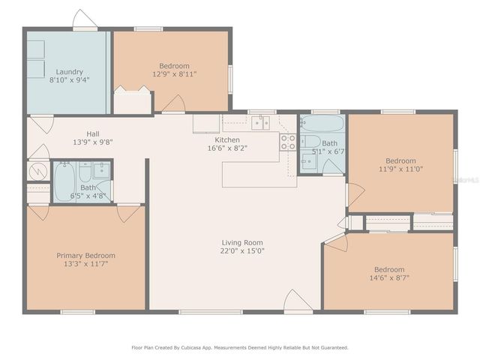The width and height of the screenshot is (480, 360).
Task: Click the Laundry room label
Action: click(x=69, y=72)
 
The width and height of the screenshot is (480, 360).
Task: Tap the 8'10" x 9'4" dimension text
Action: click(x=69, y=80)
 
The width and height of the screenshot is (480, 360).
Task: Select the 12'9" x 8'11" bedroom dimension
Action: click(x=174, y=74)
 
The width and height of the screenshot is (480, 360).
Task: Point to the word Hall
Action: click(x=93, y=133)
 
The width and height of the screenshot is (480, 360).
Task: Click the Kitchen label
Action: click(x=227, y=139)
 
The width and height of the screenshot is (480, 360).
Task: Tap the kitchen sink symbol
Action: click(x=260, y=122)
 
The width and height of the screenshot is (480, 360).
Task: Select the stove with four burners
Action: click(x=288, y=142)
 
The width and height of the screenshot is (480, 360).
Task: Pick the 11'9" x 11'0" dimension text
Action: click(x=400, y=169)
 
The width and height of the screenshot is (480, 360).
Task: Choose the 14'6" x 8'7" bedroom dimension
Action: click(x=389, y=278)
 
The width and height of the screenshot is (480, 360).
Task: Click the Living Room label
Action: click(x=242, y=242)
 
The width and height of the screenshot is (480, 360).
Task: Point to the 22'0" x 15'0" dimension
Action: click(x=242, y=251)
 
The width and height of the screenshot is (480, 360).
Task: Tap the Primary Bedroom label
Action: click(x=85, y=256)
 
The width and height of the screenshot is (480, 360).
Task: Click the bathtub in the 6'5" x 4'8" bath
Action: click(x=64, y=182)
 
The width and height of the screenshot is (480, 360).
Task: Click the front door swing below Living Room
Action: click(x=298, y=301)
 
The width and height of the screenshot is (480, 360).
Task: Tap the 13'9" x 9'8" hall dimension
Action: click(x=93, y=142)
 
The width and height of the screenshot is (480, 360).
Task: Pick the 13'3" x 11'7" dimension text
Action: click(x=85, y=264)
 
